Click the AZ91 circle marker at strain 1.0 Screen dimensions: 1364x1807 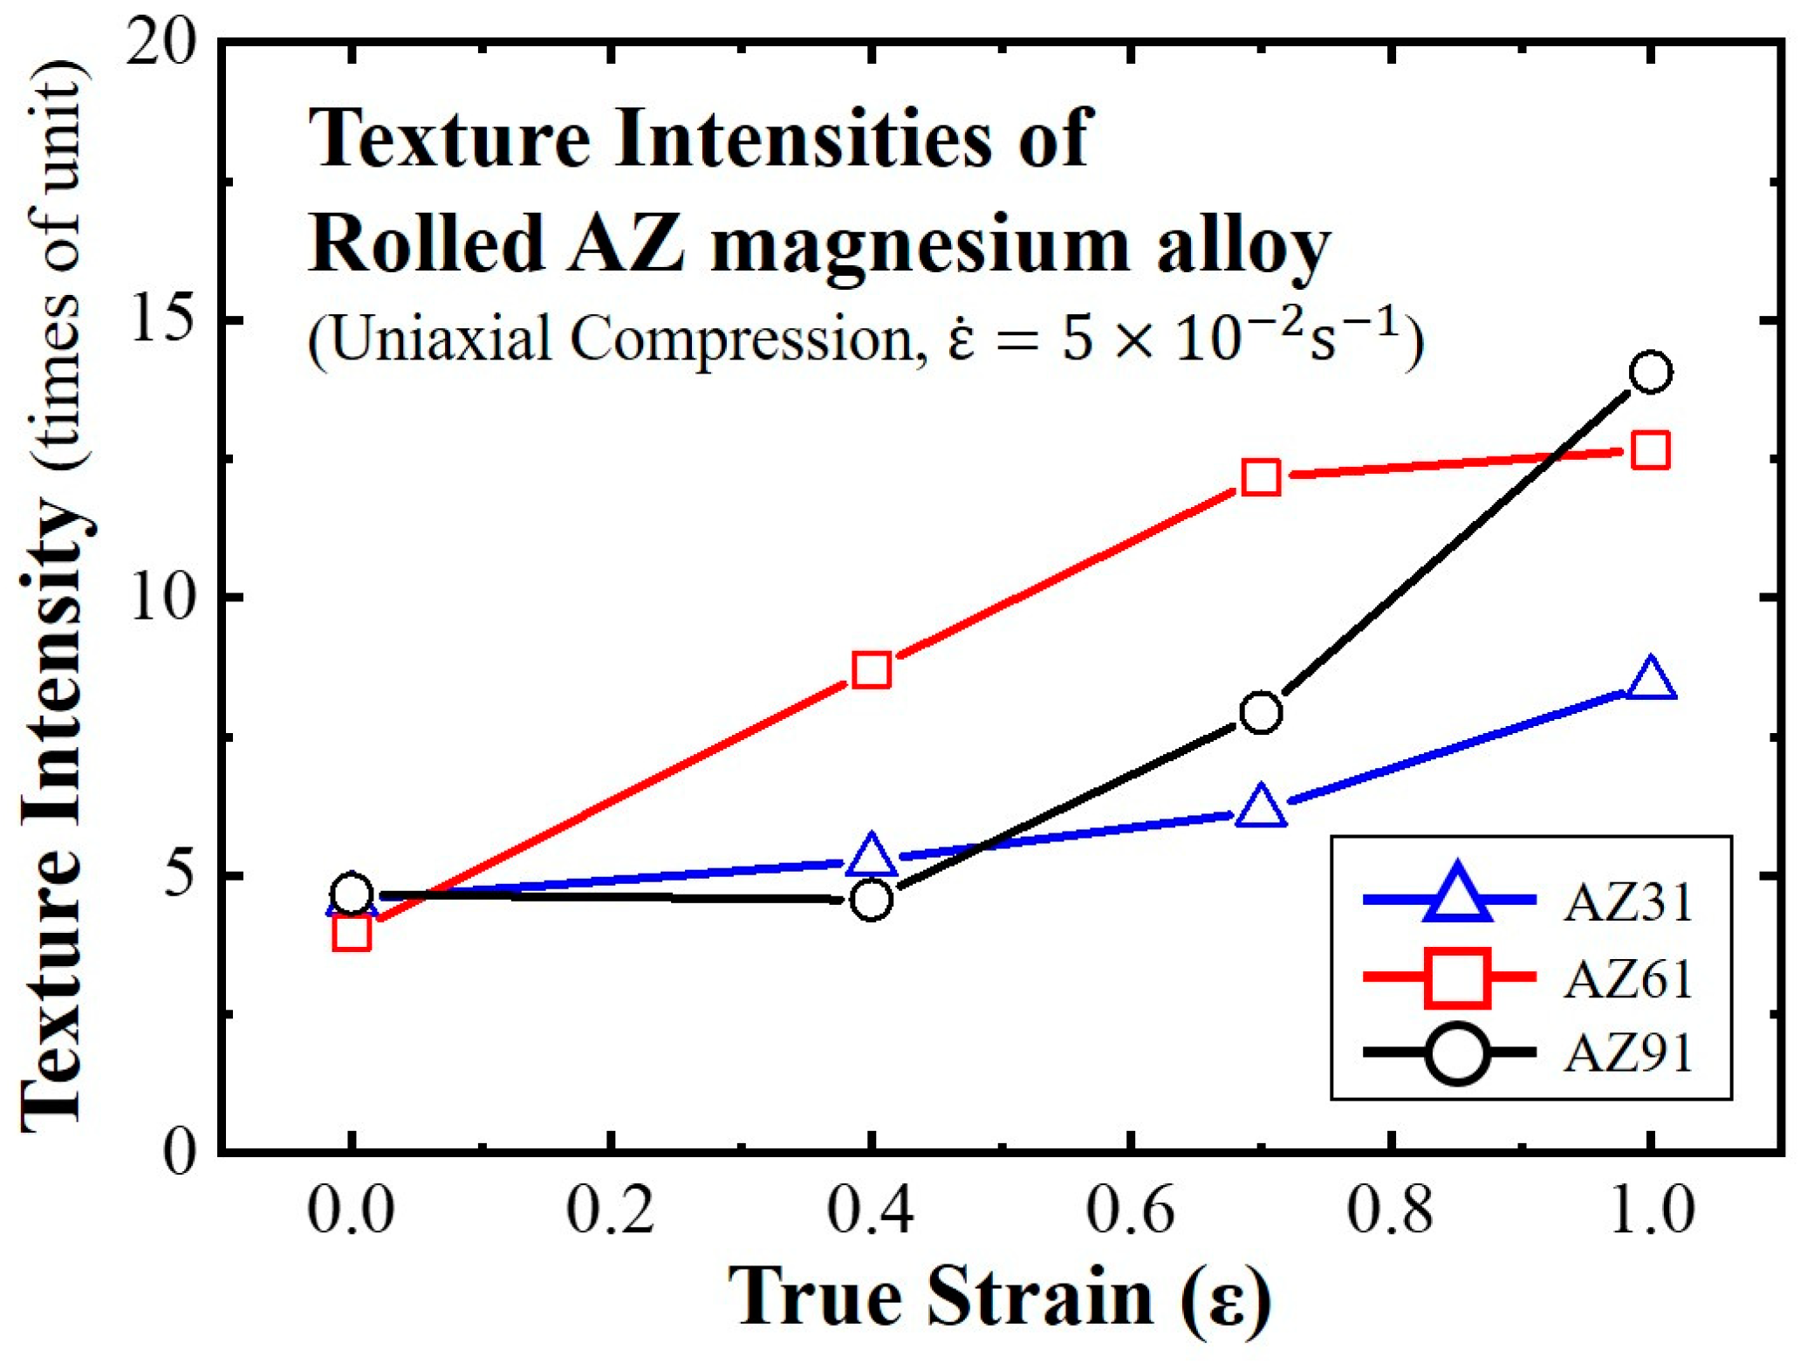point(1650,373)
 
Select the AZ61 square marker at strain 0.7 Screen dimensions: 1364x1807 point(1261,477)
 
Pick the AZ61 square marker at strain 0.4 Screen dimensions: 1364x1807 point(872,669)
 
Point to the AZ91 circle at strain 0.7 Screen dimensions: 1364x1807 point(1261,712)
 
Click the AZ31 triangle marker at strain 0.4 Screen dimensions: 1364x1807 point(872,856)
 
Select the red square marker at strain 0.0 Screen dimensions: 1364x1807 point(352,933)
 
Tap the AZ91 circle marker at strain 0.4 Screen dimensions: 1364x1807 point(872,900)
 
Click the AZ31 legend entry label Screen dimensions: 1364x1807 point(1628,902)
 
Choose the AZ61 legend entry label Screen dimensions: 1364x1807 point(1628,978)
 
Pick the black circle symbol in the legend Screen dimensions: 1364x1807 point(1457,1053)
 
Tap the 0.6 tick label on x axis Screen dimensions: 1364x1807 point(1130,1211)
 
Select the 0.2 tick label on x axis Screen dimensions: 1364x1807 point(611,1211)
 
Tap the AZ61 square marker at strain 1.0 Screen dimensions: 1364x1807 point(1650,450)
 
